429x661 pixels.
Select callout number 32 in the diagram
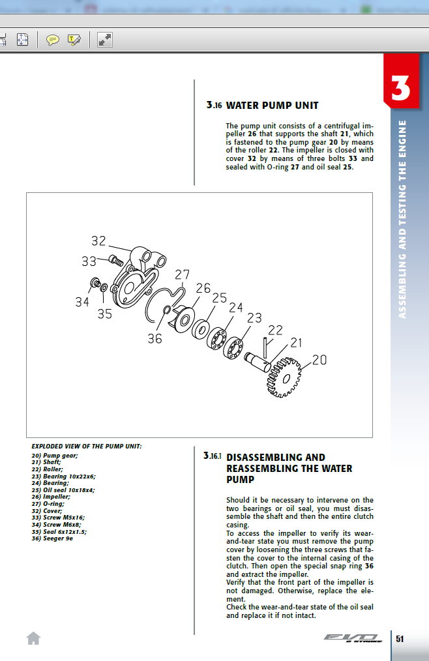[98, 241]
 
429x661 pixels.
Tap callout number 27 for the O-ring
[182, 274]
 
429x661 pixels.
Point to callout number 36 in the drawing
[155, 338]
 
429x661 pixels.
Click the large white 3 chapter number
[401, 89]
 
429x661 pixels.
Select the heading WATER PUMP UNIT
[272, 105]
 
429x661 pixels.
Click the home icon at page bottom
[33, 638]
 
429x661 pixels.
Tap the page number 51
[400, 638]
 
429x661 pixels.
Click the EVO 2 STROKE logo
[353, 638]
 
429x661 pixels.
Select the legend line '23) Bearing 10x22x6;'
[63, 477]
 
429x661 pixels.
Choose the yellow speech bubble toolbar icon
[53, 40]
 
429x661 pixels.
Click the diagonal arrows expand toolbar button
[105, 40]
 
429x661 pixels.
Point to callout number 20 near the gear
[319, 359]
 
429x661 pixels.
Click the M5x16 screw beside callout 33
[117, 260]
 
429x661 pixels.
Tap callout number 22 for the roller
[275, 330]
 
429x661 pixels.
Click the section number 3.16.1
[213, 457]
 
